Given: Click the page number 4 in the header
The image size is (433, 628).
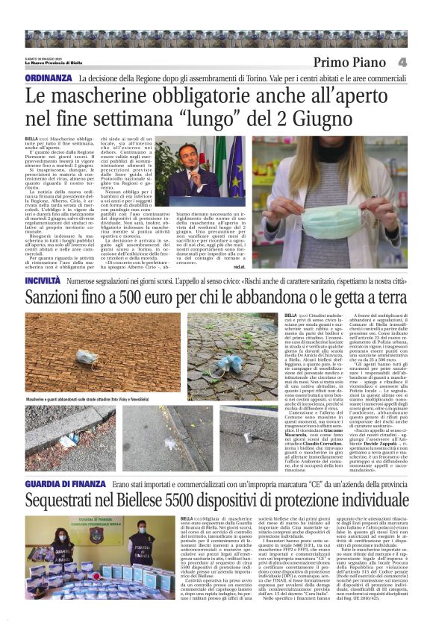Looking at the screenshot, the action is coord(423,62).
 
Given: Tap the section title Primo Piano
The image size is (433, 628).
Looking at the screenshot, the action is coord(352,62).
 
